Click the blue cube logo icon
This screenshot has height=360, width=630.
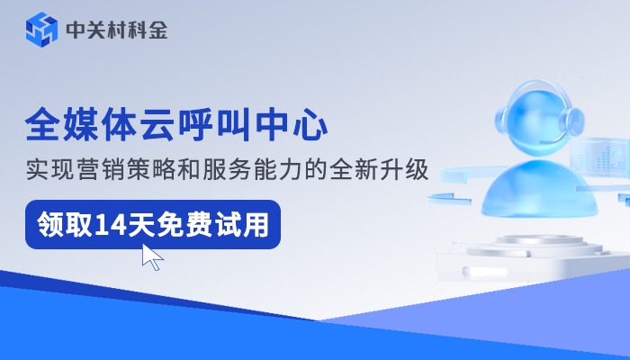[x=40, y=31]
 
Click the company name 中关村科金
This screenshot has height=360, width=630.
[x=117, y=31]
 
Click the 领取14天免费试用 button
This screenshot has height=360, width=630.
[x=152, y=224]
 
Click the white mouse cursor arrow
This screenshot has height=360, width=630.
[x=152, y=257]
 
